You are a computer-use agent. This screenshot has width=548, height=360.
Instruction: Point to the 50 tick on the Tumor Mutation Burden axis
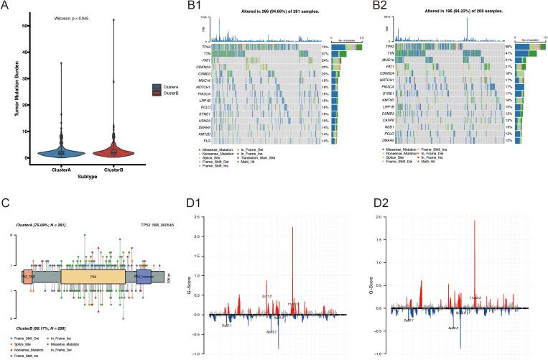pos(27,26)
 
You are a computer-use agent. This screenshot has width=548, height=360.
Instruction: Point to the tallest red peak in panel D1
pos(293,229)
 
